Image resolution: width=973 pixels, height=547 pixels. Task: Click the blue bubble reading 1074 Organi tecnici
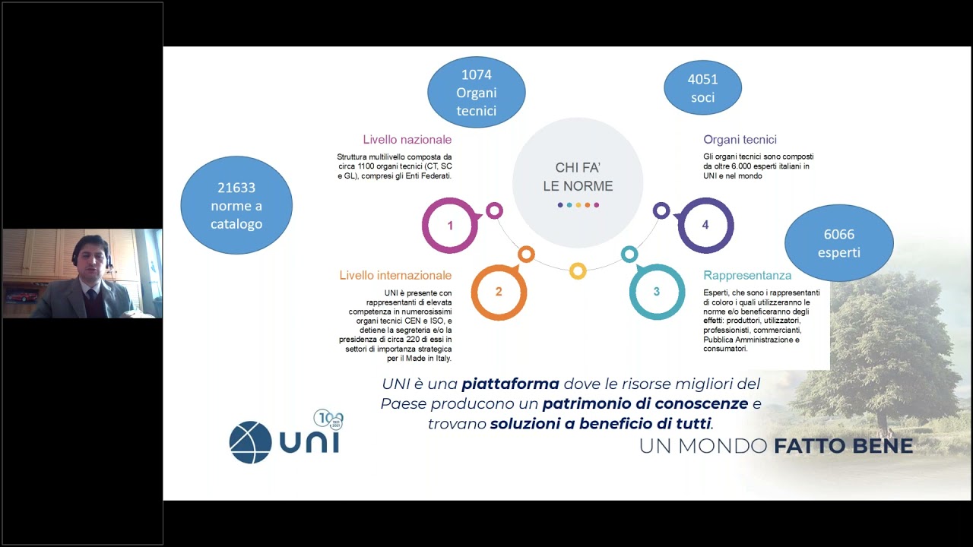click(477, 92)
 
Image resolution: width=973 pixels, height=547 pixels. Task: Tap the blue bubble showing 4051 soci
click(703, 87)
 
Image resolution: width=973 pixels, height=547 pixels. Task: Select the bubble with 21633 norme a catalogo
click(236, 205)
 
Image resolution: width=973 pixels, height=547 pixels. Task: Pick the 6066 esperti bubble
click(839, 243)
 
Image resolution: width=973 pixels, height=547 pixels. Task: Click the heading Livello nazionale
click(407, 139)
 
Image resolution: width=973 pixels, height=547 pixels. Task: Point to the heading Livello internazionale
click(395, 275)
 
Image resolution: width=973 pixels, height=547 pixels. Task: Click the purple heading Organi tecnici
click(740, 139)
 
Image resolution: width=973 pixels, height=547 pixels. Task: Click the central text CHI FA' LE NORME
click(578, 177)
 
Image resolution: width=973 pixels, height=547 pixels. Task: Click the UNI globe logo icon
click(250, 442)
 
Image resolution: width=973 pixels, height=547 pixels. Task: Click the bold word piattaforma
click(510, 384)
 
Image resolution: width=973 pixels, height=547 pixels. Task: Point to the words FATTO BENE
click(844, 446)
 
